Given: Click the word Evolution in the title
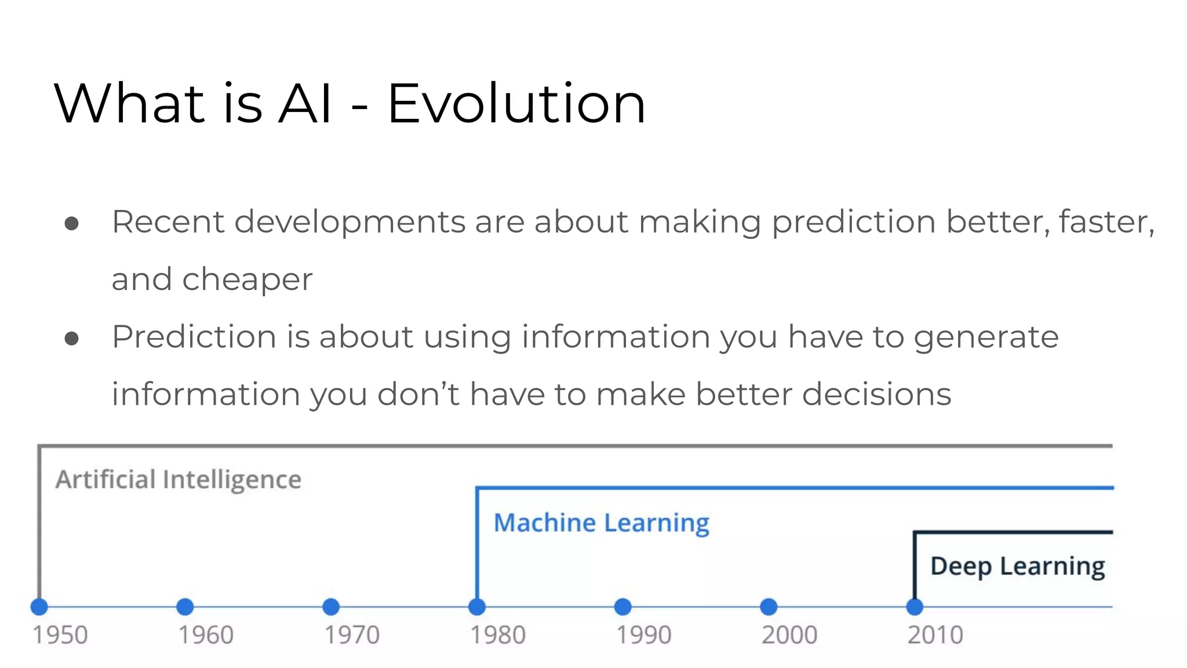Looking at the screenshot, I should pyautogui.click(x=516, y=104).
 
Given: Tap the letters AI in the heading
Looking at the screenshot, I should pyautogui.click(x=305, y=104).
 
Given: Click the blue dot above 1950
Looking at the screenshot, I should pyautogui.click(x=39, y=607).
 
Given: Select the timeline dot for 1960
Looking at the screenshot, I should pyautogui.click(x=185, y=607).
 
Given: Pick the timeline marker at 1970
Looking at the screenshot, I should pyautogui.click(x=331, y=607).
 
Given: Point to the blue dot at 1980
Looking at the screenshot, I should pyautogui.click(x=477, y=607).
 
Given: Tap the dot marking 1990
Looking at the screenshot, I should pyautogui.click(x=622, y=607).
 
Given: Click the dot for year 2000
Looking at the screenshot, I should pyautogui.click(x=769, y=607).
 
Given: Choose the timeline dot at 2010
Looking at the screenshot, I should pyautogui.click(x=915, y=607).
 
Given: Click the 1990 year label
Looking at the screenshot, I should pyautogui.click(x=643, y=635).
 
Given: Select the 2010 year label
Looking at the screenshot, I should pyautogui.click(x=935, y=635).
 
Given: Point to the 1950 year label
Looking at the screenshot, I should pyautogui.click(x=60, y=635).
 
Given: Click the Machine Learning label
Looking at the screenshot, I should pyautogui.click(x=601, y=523).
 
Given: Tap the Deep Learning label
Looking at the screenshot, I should pyautogui.click(x=1017, y=567).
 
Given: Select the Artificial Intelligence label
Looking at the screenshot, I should pyautogui.click(x=179, y=480).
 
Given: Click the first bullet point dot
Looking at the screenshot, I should pyautogui.click(x=72, y=223).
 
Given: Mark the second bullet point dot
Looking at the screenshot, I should pyautogui.click(x=72, y=338).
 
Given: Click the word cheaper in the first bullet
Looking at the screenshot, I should pyautogui.click(x=247, y=280).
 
